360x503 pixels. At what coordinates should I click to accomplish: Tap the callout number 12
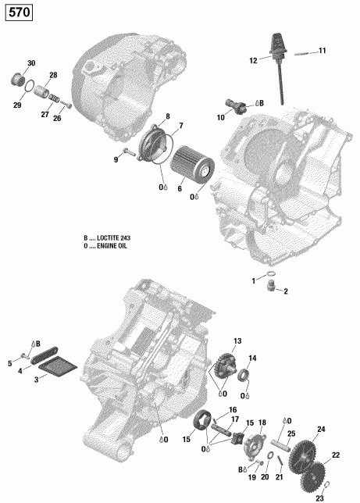[x=253, y=60]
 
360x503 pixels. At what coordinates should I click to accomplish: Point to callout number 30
[x=31, y=62]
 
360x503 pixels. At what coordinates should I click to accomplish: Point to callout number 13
[x=237, y=341]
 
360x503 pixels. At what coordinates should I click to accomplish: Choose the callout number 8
[x=166, y=116]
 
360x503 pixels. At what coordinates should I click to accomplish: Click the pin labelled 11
[x=301, y=52]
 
